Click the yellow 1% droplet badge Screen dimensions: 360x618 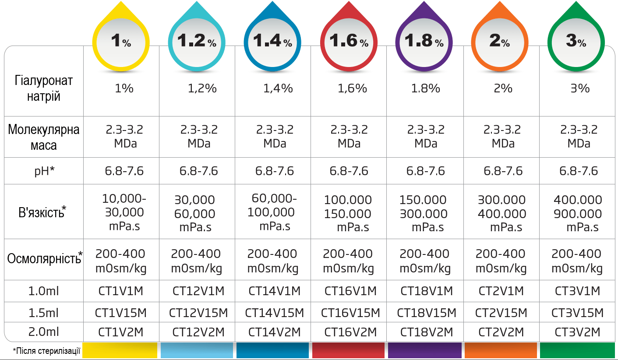[x=120, y=41]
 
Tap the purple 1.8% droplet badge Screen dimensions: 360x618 [x=424, y=41]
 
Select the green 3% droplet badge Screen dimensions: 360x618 [x=576, y=41]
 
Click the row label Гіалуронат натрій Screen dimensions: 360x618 [x=44, y=88]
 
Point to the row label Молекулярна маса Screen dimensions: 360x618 [x=44, y=137]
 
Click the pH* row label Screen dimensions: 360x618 [x=44, y=171]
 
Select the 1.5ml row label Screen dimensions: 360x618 [x=44, y=313]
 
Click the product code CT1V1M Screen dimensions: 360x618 [x=120, y=291]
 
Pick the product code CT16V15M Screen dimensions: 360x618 [x=350, y=313]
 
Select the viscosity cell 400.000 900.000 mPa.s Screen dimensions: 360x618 [x=578, y=213]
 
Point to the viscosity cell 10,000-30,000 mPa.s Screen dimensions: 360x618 [x=123, y=212]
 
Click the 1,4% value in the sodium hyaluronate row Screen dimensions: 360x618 [x=278, y=88]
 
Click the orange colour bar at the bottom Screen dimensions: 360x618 [x=501, y=350]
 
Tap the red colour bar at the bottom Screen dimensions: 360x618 [x=348, y=350]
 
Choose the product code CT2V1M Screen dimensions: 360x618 [x=501, y=291]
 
